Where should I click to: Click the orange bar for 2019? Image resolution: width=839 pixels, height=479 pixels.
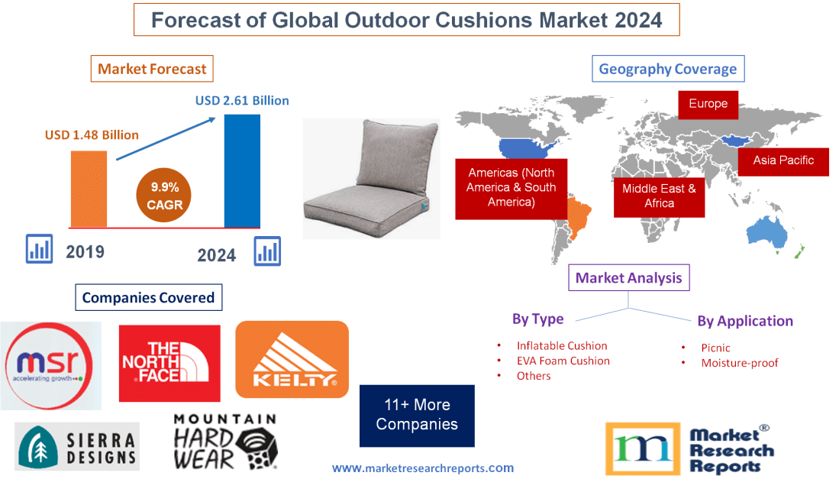pyautogui.click(x=89, y=188)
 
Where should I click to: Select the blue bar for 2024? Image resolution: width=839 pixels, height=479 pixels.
pyautogui.click(x=242, y=170)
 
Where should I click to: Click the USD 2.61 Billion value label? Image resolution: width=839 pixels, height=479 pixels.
pyautogui.click(x=242, y=100)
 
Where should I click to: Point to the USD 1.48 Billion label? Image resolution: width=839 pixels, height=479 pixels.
pyautogui.click(x=92, y=135)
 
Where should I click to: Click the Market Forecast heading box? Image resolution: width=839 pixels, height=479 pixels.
pyautogui.click(x=152, y=69)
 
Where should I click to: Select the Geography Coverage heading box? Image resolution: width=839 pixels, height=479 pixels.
pyautogui.click(x=667, y=69)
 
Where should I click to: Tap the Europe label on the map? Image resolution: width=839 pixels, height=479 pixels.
pyautogui.click(x=708, y=104)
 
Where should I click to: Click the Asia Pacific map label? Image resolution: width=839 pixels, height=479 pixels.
pyautogui.click(x=783, y=160)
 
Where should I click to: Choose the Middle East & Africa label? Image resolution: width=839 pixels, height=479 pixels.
pyautogui.click(x=658, y=196)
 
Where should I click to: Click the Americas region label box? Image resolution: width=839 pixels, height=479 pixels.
pyautogui.click(x=511, y=188)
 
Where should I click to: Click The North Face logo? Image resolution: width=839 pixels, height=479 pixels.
pyautogui.click(x=169, y=363)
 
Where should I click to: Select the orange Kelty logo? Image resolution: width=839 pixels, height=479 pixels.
pyautogui.click(x=292, y=359)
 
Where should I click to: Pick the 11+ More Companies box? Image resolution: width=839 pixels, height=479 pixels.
pyautogui.click(x=417, y=415)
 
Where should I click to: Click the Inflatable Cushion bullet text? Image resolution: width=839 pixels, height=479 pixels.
pyautogui.click(x=561, y=345)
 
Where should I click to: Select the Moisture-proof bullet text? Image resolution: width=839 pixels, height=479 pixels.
pyautogui.click(x=739, y=363)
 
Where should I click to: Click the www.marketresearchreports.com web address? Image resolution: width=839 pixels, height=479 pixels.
pyautogui.click(x=423, y=468)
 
